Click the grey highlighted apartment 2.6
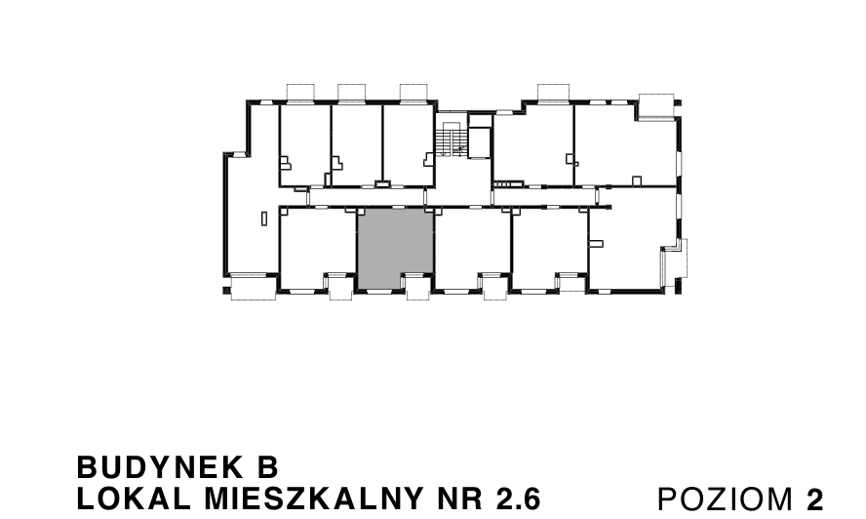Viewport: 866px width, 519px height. pos(395,248)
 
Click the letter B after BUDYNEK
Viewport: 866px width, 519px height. pos(270,465)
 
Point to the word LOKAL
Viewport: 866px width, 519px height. pos(123,499)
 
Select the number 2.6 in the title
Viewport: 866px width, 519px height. pos(517,499)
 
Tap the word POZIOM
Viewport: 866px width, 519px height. pos(727,499)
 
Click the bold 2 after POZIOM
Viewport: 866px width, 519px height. pos(814,499)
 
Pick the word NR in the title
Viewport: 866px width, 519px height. pos(456,499)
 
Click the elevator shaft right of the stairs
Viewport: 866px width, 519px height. pos(480,138)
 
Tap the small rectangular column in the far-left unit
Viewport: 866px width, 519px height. pos(263,219)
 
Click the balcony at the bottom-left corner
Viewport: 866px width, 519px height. pos(254,289)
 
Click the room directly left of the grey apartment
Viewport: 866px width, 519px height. pos(317,248)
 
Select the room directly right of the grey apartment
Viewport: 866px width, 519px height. pos(472,248)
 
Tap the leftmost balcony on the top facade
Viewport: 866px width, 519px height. pos(298,93)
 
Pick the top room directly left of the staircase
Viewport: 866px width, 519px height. pos(408,144)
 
